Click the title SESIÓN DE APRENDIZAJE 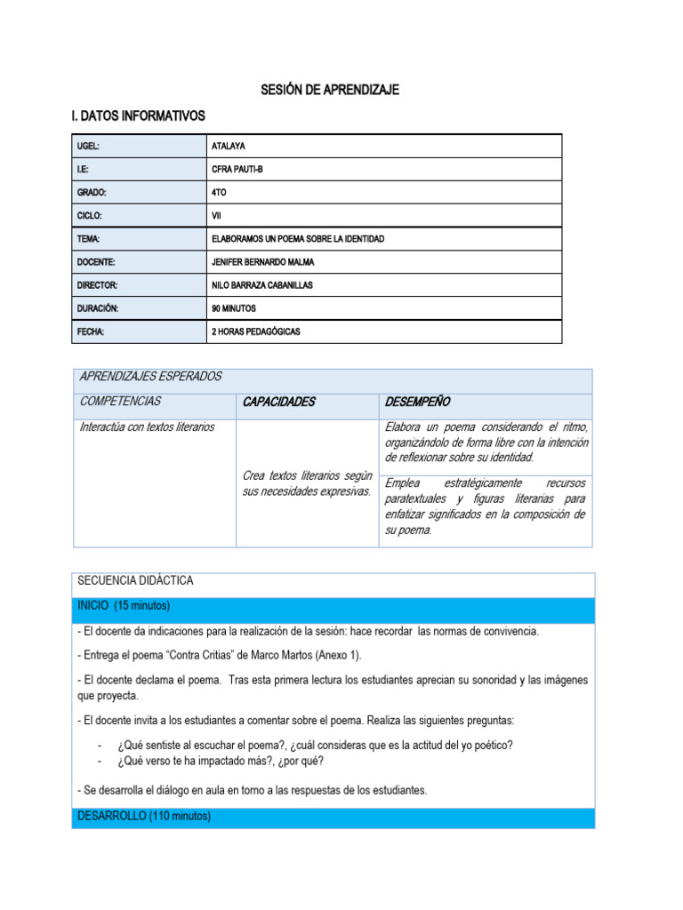point(330,90)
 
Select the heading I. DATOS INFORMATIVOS point(138,116)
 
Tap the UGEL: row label point(90,146)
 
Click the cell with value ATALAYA point(229,146)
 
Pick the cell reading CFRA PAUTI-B point(237,169)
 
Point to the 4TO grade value point(220,192)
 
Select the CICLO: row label point(91,215)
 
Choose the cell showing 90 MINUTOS point(234,308)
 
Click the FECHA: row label point(91,331)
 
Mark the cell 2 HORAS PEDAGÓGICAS point(256,331)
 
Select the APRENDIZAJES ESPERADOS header point(150,377)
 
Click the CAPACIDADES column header point(278,402)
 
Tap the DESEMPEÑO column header point(417,402)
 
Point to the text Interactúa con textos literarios point(147,427)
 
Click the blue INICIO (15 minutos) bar point(333,606)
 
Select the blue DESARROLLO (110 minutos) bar point(333,816)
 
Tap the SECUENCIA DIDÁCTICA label point(135,581)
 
